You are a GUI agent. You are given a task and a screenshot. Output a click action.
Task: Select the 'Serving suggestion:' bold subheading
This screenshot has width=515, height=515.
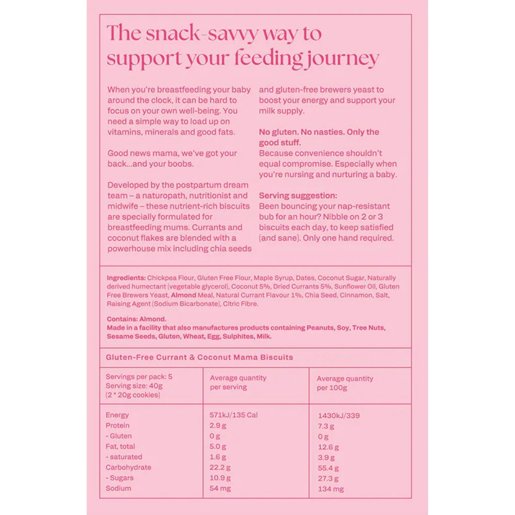298,196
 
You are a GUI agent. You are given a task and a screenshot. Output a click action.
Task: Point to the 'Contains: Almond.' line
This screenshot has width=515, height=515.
136,319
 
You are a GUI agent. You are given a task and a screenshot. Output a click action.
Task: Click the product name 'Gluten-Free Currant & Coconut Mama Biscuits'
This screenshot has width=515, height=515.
199,357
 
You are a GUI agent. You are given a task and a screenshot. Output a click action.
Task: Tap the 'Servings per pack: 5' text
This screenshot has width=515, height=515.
139,376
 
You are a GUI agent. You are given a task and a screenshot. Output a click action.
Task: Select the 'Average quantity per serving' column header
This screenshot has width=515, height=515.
238,382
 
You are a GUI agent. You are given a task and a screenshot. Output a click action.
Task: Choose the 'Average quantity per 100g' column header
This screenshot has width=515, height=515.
345,383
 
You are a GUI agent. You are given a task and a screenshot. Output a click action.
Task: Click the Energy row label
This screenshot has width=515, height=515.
117,415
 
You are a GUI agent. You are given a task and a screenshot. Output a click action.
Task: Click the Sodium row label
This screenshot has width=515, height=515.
118,488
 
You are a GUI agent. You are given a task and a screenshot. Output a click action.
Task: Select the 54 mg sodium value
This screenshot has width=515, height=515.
219,488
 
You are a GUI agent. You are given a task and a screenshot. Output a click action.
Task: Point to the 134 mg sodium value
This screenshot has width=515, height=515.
331,489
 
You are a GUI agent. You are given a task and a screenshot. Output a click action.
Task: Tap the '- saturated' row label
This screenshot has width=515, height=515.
124,457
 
